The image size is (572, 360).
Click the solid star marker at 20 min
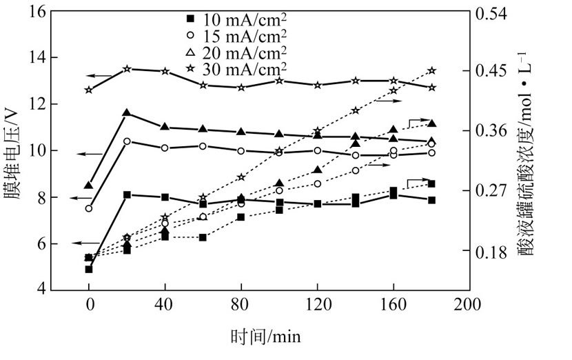point(127,69)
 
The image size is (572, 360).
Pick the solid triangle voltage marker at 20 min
point(127,112)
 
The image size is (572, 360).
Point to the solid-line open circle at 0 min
point(89,208)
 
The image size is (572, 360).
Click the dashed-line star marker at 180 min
point(431,70)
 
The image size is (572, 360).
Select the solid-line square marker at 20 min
point(127,195)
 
